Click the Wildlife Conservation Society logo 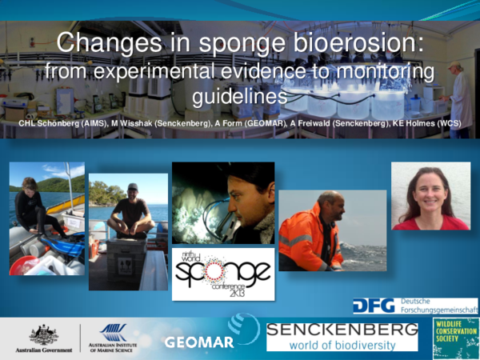(x=455, y=335)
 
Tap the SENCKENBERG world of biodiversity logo (x=342, y=336)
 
